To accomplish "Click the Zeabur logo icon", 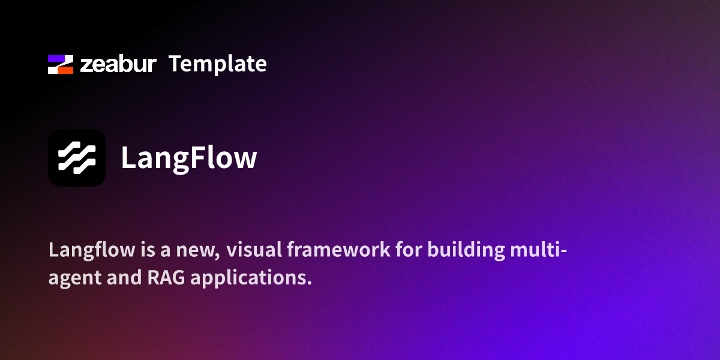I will tap(61, 64).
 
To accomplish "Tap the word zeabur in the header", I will tap(118, 64).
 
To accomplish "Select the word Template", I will tap(217, 64).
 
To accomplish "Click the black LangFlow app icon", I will tap(77, 158).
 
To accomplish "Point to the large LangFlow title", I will tap(189, 158).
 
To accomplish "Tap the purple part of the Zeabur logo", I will tap(55, 59).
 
